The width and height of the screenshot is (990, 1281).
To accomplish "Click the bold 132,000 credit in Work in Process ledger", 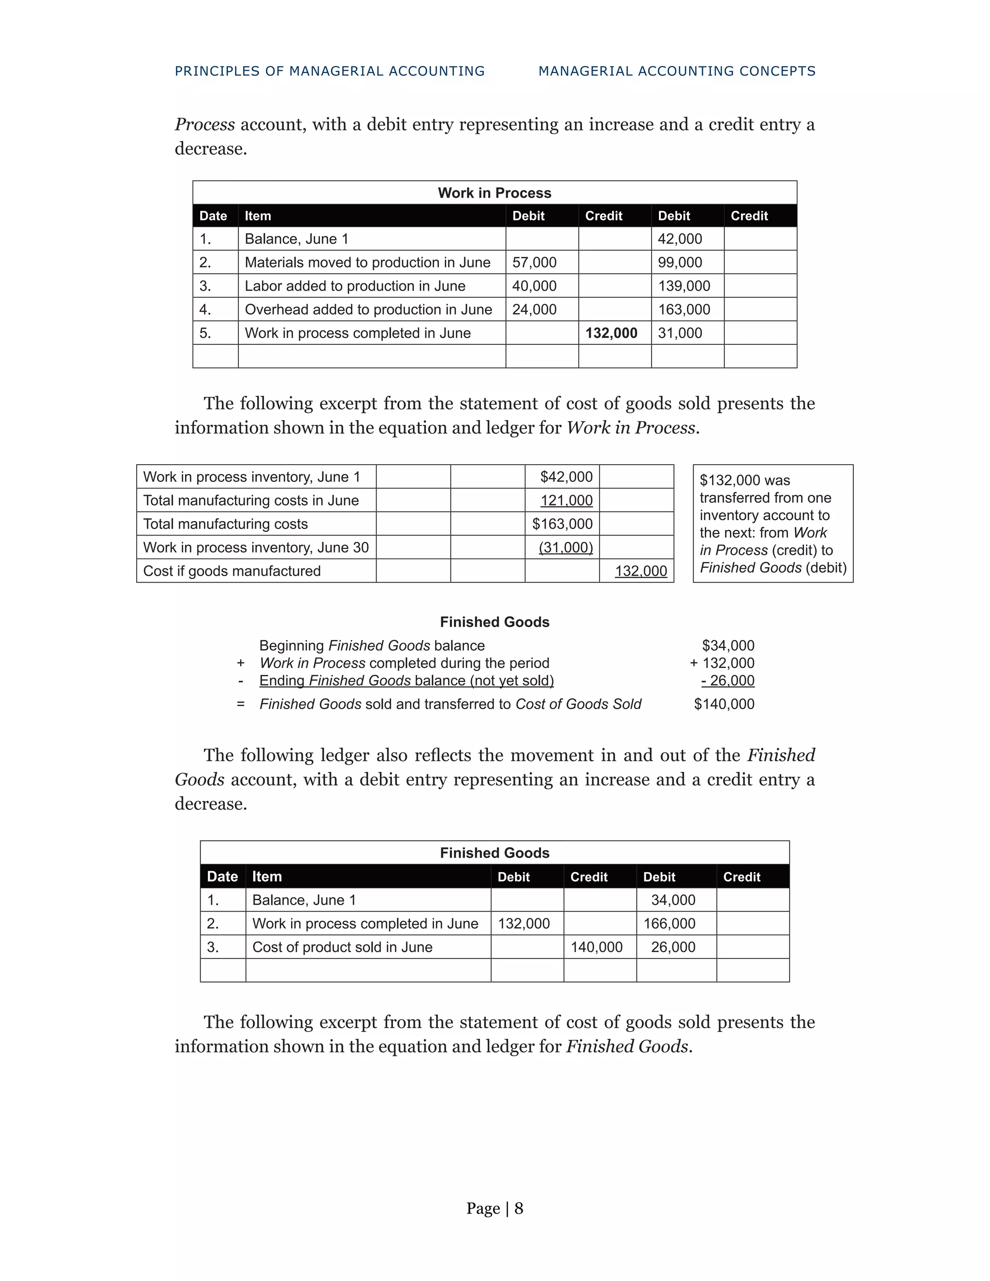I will pos(611,333).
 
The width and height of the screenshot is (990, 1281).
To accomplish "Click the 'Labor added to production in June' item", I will pos(354,286).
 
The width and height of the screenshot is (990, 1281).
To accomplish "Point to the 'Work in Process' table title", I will pos(494,193).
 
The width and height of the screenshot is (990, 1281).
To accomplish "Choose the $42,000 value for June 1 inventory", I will pos(566,477).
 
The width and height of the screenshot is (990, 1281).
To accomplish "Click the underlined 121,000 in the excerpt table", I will pos(566,500).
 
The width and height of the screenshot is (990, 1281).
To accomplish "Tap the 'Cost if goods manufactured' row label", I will pos(232,571).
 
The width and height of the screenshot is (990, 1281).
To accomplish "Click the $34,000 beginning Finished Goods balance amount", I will pos(728,645).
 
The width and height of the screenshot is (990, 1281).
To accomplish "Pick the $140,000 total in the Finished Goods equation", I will pos(724,704).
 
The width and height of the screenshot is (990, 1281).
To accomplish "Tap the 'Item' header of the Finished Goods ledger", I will pos(267,876).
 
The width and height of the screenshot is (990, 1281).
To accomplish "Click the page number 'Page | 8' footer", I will pos(495,1208).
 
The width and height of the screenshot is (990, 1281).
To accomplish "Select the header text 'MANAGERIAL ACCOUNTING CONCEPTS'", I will pos(677,71).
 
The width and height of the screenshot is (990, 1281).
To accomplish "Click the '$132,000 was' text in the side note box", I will pos(744,480).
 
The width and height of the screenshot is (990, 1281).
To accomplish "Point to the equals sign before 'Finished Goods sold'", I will pos(240,704).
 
